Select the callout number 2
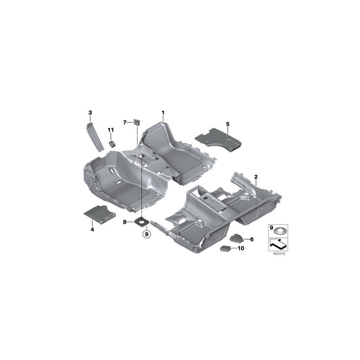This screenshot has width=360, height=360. [x=256, y=177]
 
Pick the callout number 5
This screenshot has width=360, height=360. [x=228, y=124]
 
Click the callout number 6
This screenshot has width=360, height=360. [x=252, y=239]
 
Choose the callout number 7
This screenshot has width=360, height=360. [x=125, y=122]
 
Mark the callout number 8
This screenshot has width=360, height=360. [x=125, y=221]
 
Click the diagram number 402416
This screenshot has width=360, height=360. [x=278, y=255]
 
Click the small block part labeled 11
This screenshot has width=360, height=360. [x=111, y=143]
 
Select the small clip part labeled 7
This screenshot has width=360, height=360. [x=136, y=122]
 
